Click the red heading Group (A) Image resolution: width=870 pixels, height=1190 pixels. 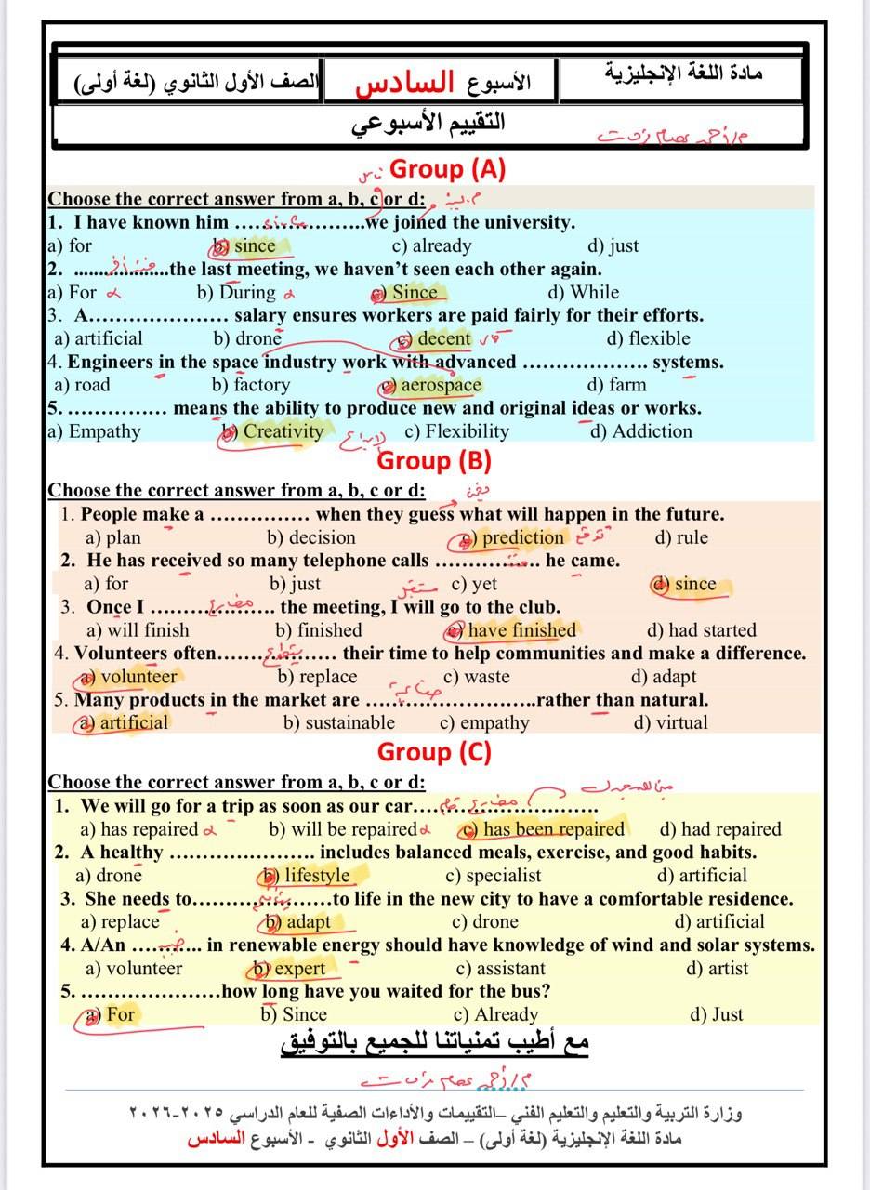[447, 168]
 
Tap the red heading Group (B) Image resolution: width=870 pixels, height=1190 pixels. [434, 460]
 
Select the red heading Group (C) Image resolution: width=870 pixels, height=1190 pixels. [434, 751]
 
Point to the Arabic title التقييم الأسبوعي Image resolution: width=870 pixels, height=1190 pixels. [428, 123]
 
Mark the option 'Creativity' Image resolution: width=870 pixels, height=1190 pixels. [282, 431]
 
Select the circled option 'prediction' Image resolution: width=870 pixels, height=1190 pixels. [521, 537]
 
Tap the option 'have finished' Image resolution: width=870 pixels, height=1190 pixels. [521, 630]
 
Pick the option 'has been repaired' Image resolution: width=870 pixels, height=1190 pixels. [553, 829]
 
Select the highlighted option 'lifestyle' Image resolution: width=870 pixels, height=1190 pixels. [316, 875]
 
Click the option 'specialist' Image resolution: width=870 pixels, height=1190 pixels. [503, 875]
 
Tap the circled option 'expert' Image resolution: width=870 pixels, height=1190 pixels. [299, 968]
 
